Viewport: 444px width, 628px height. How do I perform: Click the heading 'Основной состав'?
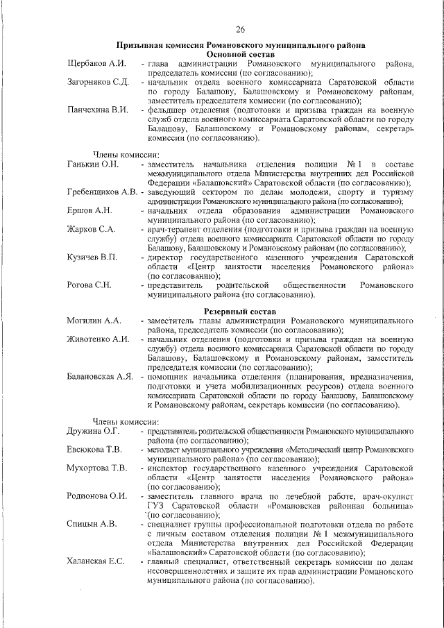pyautogui.click(x=241, y=54)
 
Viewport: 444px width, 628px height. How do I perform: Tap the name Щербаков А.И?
pyautogui.click(x=96, y=64)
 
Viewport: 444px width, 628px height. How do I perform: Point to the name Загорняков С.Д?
pyautogui.click(x=98, y=82)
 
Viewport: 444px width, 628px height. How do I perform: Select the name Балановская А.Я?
pyautogui.click(x=100, y=377)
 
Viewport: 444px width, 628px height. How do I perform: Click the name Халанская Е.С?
pyautogui.click(x=96, y=561)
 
